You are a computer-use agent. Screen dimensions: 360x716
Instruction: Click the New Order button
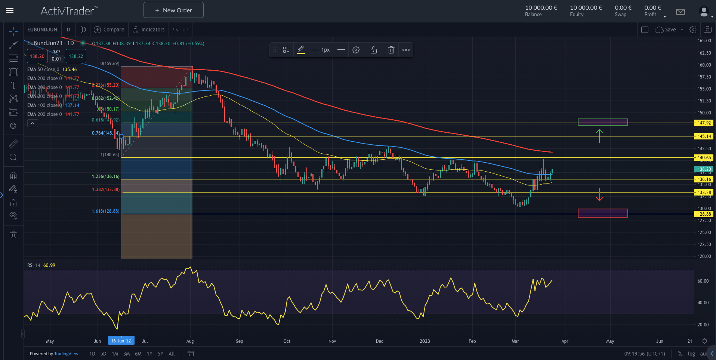pos(173,10)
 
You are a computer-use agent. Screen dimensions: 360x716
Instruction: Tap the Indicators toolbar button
pos(149,30)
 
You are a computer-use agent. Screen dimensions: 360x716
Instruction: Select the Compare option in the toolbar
pos(109,30)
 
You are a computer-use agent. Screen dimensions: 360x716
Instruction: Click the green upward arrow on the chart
pos(599,136)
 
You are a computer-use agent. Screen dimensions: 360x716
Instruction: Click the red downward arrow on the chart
pos(599,194)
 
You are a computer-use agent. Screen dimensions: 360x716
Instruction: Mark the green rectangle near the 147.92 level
pos(603,122)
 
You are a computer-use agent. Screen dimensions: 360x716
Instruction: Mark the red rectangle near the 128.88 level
pos(603,213)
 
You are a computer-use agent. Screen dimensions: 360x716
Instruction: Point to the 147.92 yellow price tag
pos(704,123)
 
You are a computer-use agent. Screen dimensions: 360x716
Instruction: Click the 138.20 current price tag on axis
pos(704,169)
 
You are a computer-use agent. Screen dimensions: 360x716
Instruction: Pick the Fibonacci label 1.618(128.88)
pos(106,211)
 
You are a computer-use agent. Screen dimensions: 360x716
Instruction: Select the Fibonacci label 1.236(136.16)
pos(106,176)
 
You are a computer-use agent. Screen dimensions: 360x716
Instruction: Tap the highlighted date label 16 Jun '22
pos(121,341)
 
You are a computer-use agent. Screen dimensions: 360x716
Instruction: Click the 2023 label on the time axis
pos(425,341)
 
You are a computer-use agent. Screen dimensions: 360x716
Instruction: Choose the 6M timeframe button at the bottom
pos(138,354)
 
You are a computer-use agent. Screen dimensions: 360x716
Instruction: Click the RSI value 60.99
pos(49,265)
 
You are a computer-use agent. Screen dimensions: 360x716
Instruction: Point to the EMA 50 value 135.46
pos(70,70)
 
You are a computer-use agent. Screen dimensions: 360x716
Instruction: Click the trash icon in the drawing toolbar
pos(391,50)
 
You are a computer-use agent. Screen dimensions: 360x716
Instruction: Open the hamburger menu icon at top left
pos(10,10)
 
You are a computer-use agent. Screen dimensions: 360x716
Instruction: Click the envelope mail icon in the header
pos(680,12)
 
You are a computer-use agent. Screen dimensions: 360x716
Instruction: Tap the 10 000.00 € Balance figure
pos(541,7)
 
